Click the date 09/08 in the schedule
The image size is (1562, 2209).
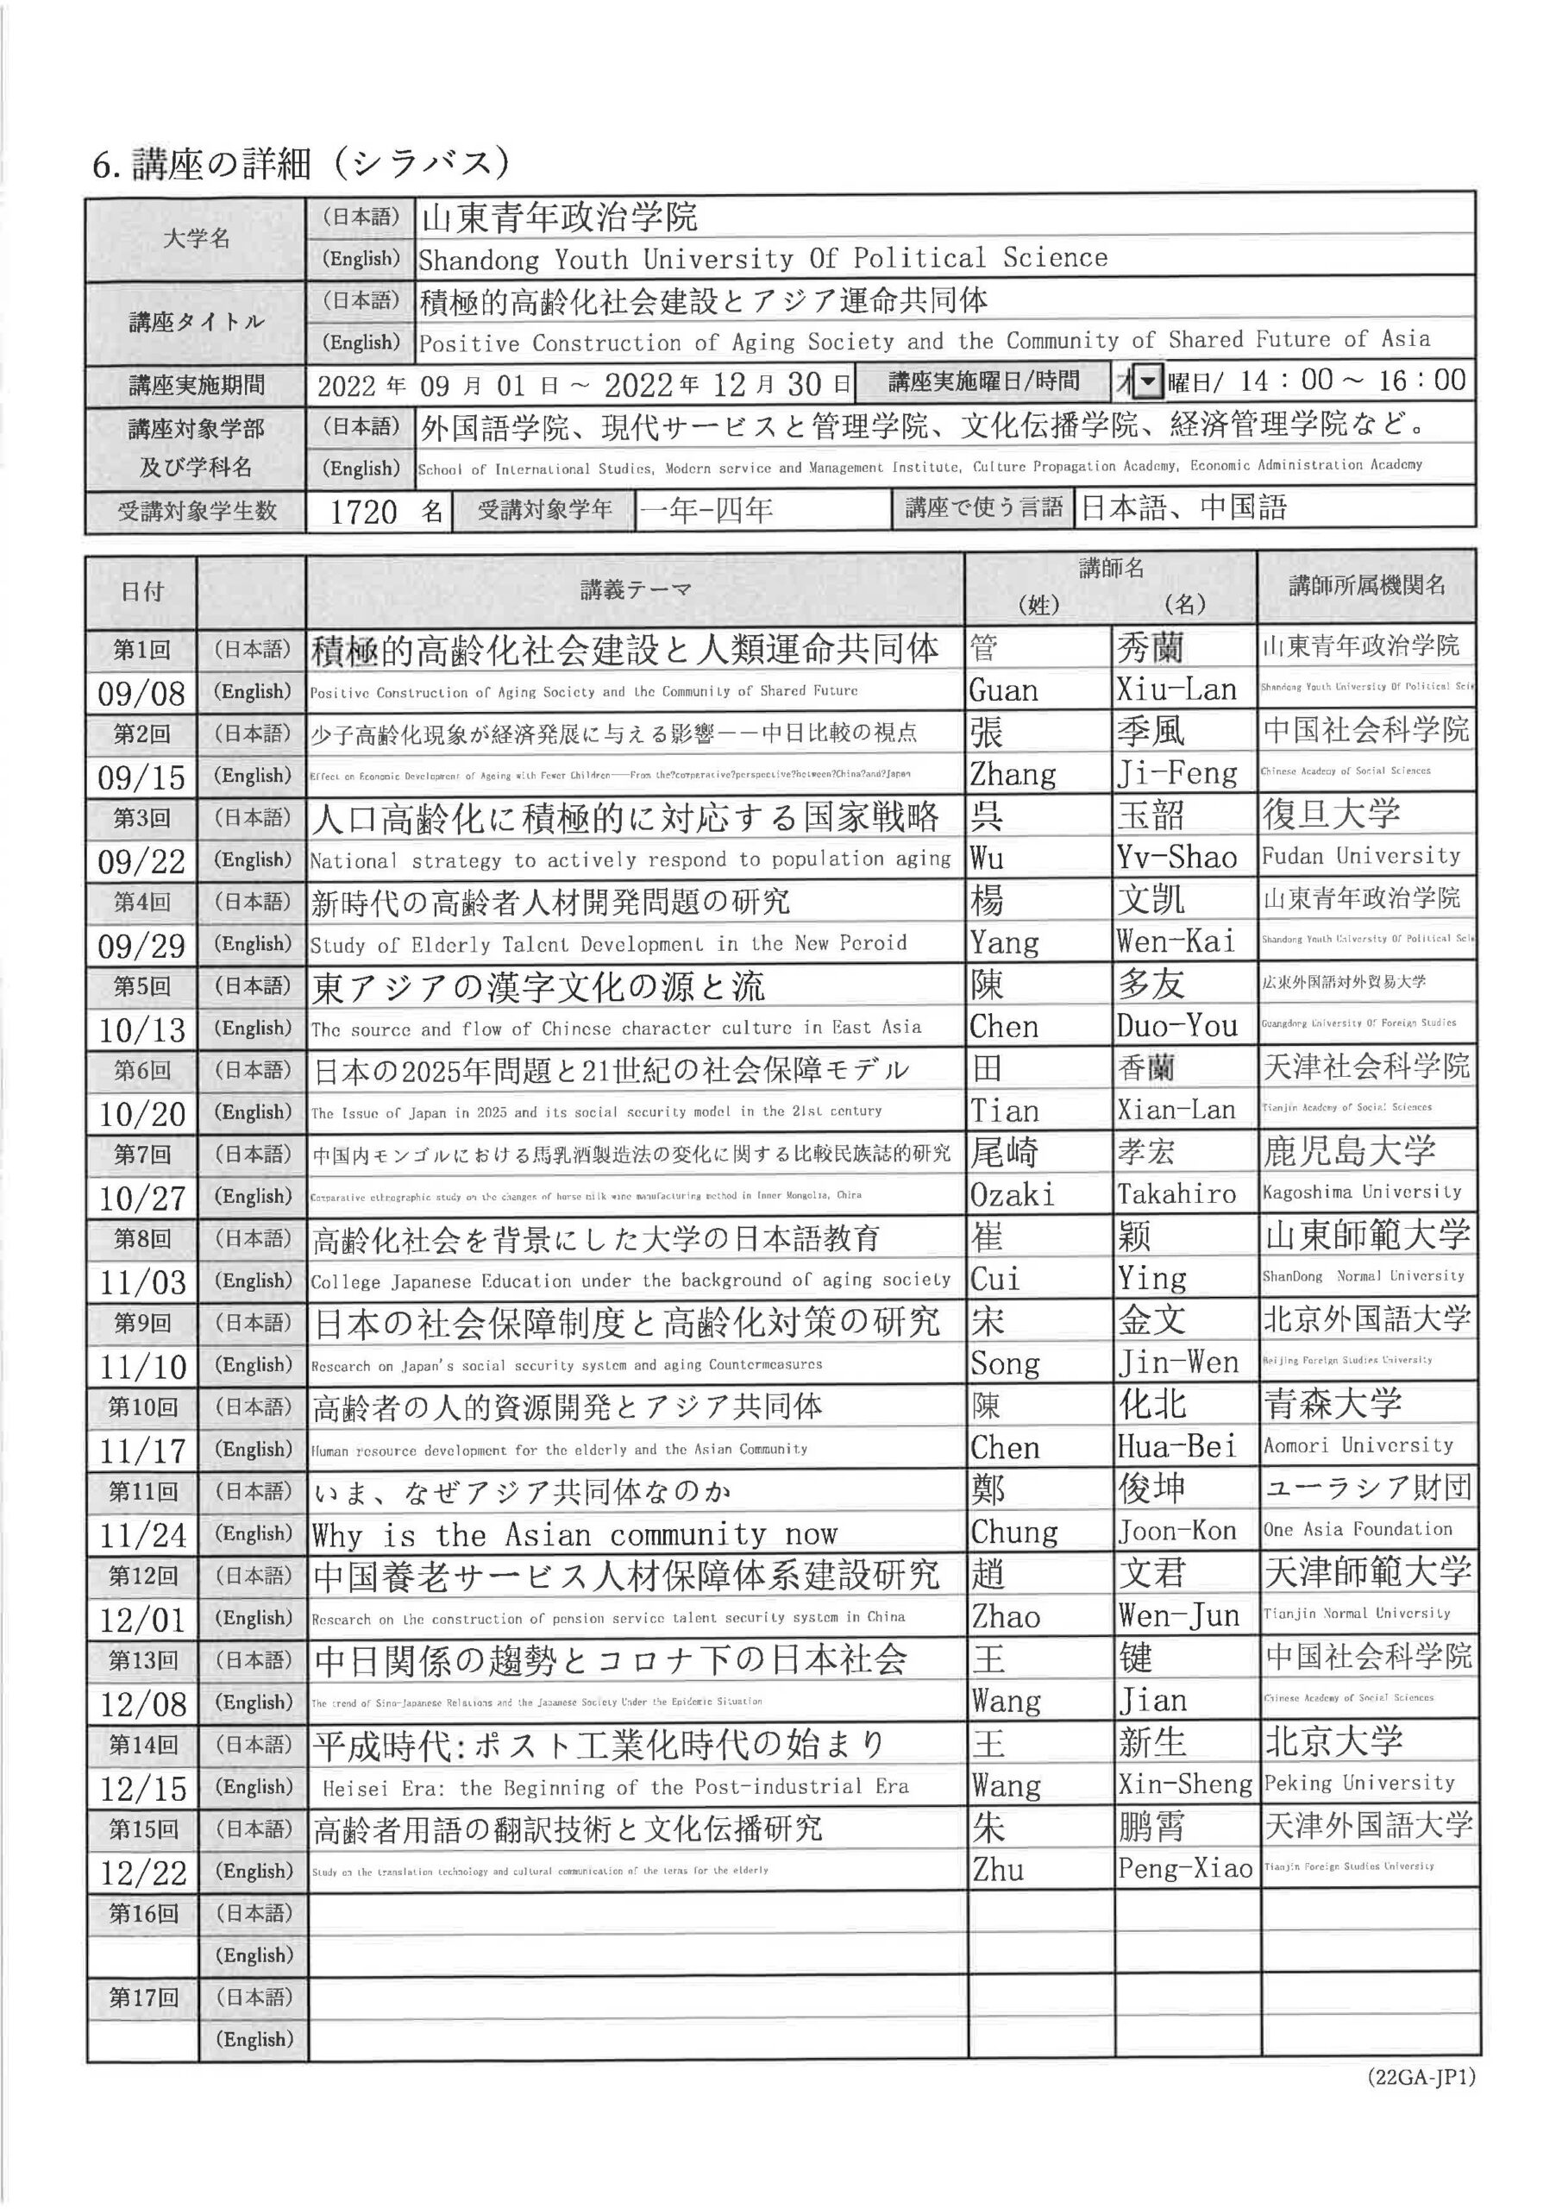141,693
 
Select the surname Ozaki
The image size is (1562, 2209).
1011,1195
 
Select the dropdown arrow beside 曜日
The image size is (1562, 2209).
1147,383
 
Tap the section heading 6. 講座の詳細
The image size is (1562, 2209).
299,164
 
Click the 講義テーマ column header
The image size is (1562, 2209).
635,589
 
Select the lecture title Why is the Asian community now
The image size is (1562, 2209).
574,1533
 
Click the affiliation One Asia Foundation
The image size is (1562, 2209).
1357,1529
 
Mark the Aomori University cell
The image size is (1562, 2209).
1357,1445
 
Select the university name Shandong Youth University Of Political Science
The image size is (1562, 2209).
762,259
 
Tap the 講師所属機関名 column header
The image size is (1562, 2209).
1366,584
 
